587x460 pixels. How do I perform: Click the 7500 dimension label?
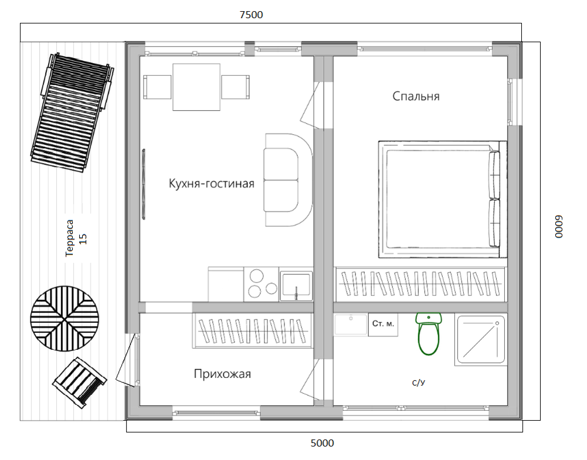pyautogui.click(x=251, y=15)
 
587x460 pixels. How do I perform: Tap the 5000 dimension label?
pyautogui.click(x=323, y=443)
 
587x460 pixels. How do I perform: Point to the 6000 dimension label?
pyautogui.click(x=558, y=227)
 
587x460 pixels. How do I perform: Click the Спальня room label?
pyautogui.click(x=416, y=96)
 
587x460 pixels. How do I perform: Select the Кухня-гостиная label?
pyautogui.click(x=212, y=183)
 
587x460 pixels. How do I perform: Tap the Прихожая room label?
pyautogui.click(x=222, y=374)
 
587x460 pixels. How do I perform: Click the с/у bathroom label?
pyautogui.click(x=419, y=382)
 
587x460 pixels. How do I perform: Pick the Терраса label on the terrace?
pyautogui.click(x=70, y=238)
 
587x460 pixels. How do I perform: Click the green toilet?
pyautogui.click(x=428, y=334)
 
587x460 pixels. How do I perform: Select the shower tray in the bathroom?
pyautogui.click(x=481, y=339)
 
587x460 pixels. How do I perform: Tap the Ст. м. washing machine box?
pyautogui.click(x=383, y=325)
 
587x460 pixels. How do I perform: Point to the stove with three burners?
pyautogui.click(x=262, y=284)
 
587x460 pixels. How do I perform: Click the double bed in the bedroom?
pyautogui.click(x=443, y=199)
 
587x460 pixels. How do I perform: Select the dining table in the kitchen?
pyautogui.click(x=196, y=87)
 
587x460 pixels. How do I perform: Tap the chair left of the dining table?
pyautogui.click(x=157, y=87)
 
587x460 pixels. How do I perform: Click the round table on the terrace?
pyautogui.click(x=65, y=319)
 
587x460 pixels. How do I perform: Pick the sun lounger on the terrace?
pyautogui.click(x=72, y=113)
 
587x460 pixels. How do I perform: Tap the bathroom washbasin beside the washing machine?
pyautogui.click(x=351, y=324)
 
